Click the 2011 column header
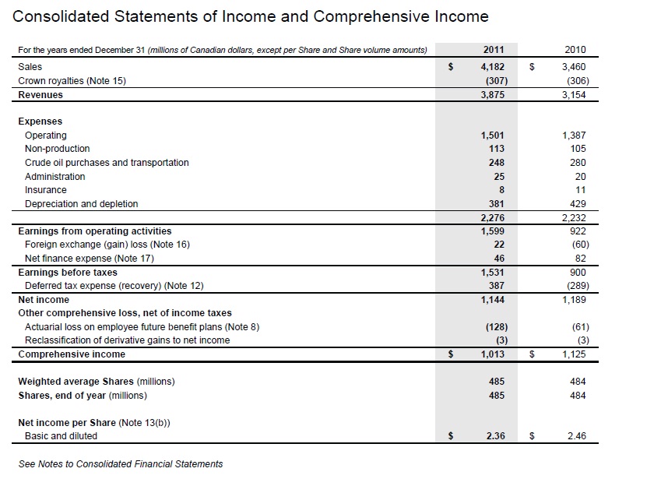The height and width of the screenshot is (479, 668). tap(493, 50)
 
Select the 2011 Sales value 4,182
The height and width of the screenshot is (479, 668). tap(493, 68)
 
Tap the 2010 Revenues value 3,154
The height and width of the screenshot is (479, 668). tap(574, 95)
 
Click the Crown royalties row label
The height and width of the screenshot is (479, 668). tap(72, 81)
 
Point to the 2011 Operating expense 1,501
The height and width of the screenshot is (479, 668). tap(493, 136)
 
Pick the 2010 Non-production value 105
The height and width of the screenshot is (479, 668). tap(577, 149)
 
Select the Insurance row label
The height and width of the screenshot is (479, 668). tap(46, 190)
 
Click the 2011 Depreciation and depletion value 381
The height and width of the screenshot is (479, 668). tap(496, 204)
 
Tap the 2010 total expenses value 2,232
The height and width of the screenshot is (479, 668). tap(574, 218)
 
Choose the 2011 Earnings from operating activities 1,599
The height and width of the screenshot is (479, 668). tap(493, 231)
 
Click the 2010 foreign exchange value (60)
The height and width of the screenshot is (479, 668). tap(577, 245)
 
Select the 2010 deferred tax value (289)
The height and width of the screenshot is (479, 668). tap(575, 286)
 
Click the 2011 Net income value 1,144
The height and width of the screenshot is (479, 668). tap(493, 300)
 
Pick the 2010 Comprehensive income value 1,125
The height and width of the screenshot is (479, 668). tap(574, 354)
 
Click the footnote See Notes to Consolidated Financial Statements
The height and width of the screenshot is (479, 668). tap(120, 464)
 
